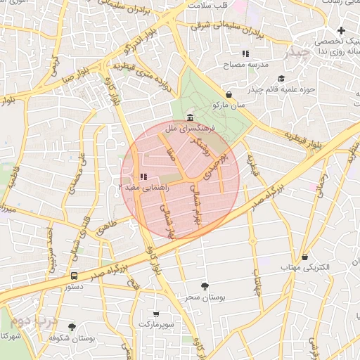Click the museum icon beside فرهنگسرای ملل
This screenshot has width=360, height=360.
coord(191,117)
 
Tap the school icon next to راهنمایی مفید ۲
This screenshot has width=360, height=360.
coord(143,176)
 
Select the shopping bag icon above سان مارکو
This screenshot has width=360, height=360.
coord(229,94)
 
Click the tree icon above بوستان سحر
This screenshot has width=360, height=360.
coord(205,286)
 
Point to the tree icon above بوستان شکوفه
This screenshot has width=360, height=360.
coord(72,327)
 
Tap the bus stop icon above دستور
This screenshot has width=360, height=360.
coord(75,276)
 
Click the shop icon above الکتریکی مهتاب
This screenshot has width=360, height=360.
coord(304,257)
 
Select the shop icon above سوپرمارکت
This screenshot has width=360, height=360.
coord(155,314)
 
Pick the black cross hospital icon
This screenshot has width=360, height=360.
coord(341,30)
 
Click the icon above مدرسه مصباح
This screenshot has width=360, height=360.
coord(245,53)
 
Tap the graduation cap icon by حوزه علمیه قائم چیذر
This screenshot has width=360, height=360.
coord(282,78)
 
